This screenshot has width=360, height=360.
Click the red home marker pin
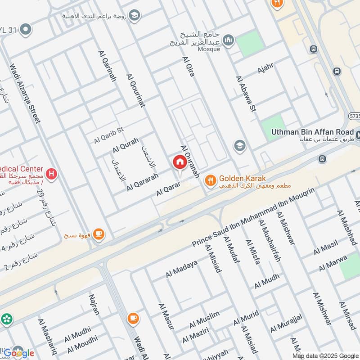click(179, 162)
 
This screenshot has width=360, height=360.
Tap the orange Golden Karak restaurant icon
click(209, 181)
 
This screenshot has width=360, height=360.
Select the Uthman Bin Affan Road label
click(312, 132)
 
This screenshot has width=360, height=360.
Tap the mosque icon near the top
click(229, 40)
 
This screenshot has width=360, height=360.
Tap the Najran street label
click(94, 304)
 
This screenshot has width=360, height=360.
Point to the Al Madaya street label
click(181, 269)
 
